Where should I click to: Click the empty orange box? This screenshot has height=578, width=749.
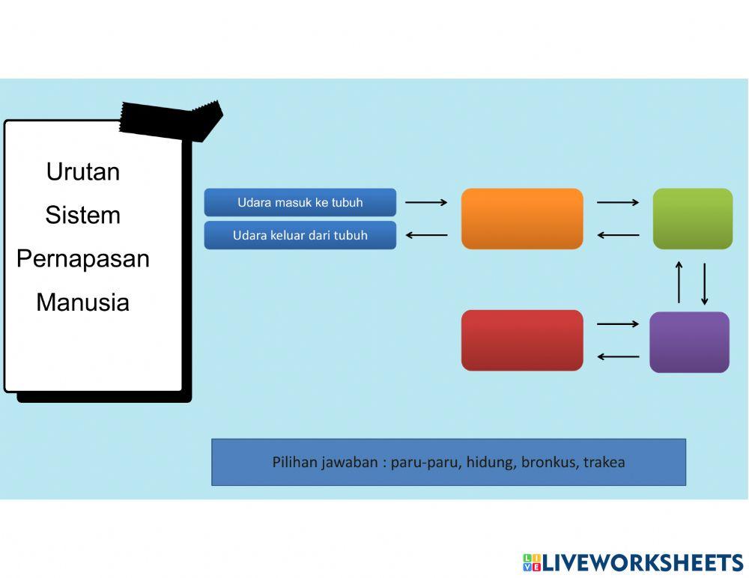click(x=522, y=219)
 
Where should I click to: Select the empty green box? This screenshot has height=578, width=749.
click(x=693, y=219)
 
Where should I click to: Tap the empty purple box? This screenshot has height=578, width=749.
click(x=689, y=342)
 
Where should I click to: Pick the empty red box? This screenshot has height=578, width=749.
click(x=522, y=341)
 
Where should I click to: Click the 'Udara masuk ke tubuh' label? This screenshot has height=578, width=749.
click(x=300, y=203)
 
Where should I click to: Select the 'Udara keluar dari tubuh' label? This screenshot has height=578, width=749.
click(x=300, y=235)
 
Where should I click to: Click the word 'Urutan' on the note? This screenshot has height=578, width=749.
click(x=83, y=171)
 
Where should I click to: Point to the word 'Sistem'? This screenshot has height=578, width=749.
click(x=83, y=215)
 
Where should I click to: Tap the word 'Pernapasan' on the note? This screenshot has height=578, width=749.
click(x=83, y=258)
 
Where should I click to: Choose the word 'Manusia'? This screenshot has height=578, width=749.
click(x=83, y=302)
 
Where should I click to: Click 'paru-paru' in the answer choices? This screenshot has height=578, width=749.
click(x=424, y=462)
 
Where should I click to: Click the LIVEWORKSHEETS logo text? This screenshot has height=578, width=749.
click(x=642, y=563)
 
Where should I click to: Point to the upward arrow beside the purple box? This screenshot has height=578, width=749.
click(x=679, y=282)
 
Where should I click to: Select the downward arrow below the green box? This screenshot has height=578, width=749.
click(x=704, y=284)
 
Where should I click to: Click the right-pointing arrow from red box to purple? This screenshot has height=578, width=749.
click(x=617, y=324)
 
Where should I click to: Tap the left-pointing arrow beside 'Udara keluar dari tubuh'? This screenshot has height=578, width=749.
click(x=426, y=235)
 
